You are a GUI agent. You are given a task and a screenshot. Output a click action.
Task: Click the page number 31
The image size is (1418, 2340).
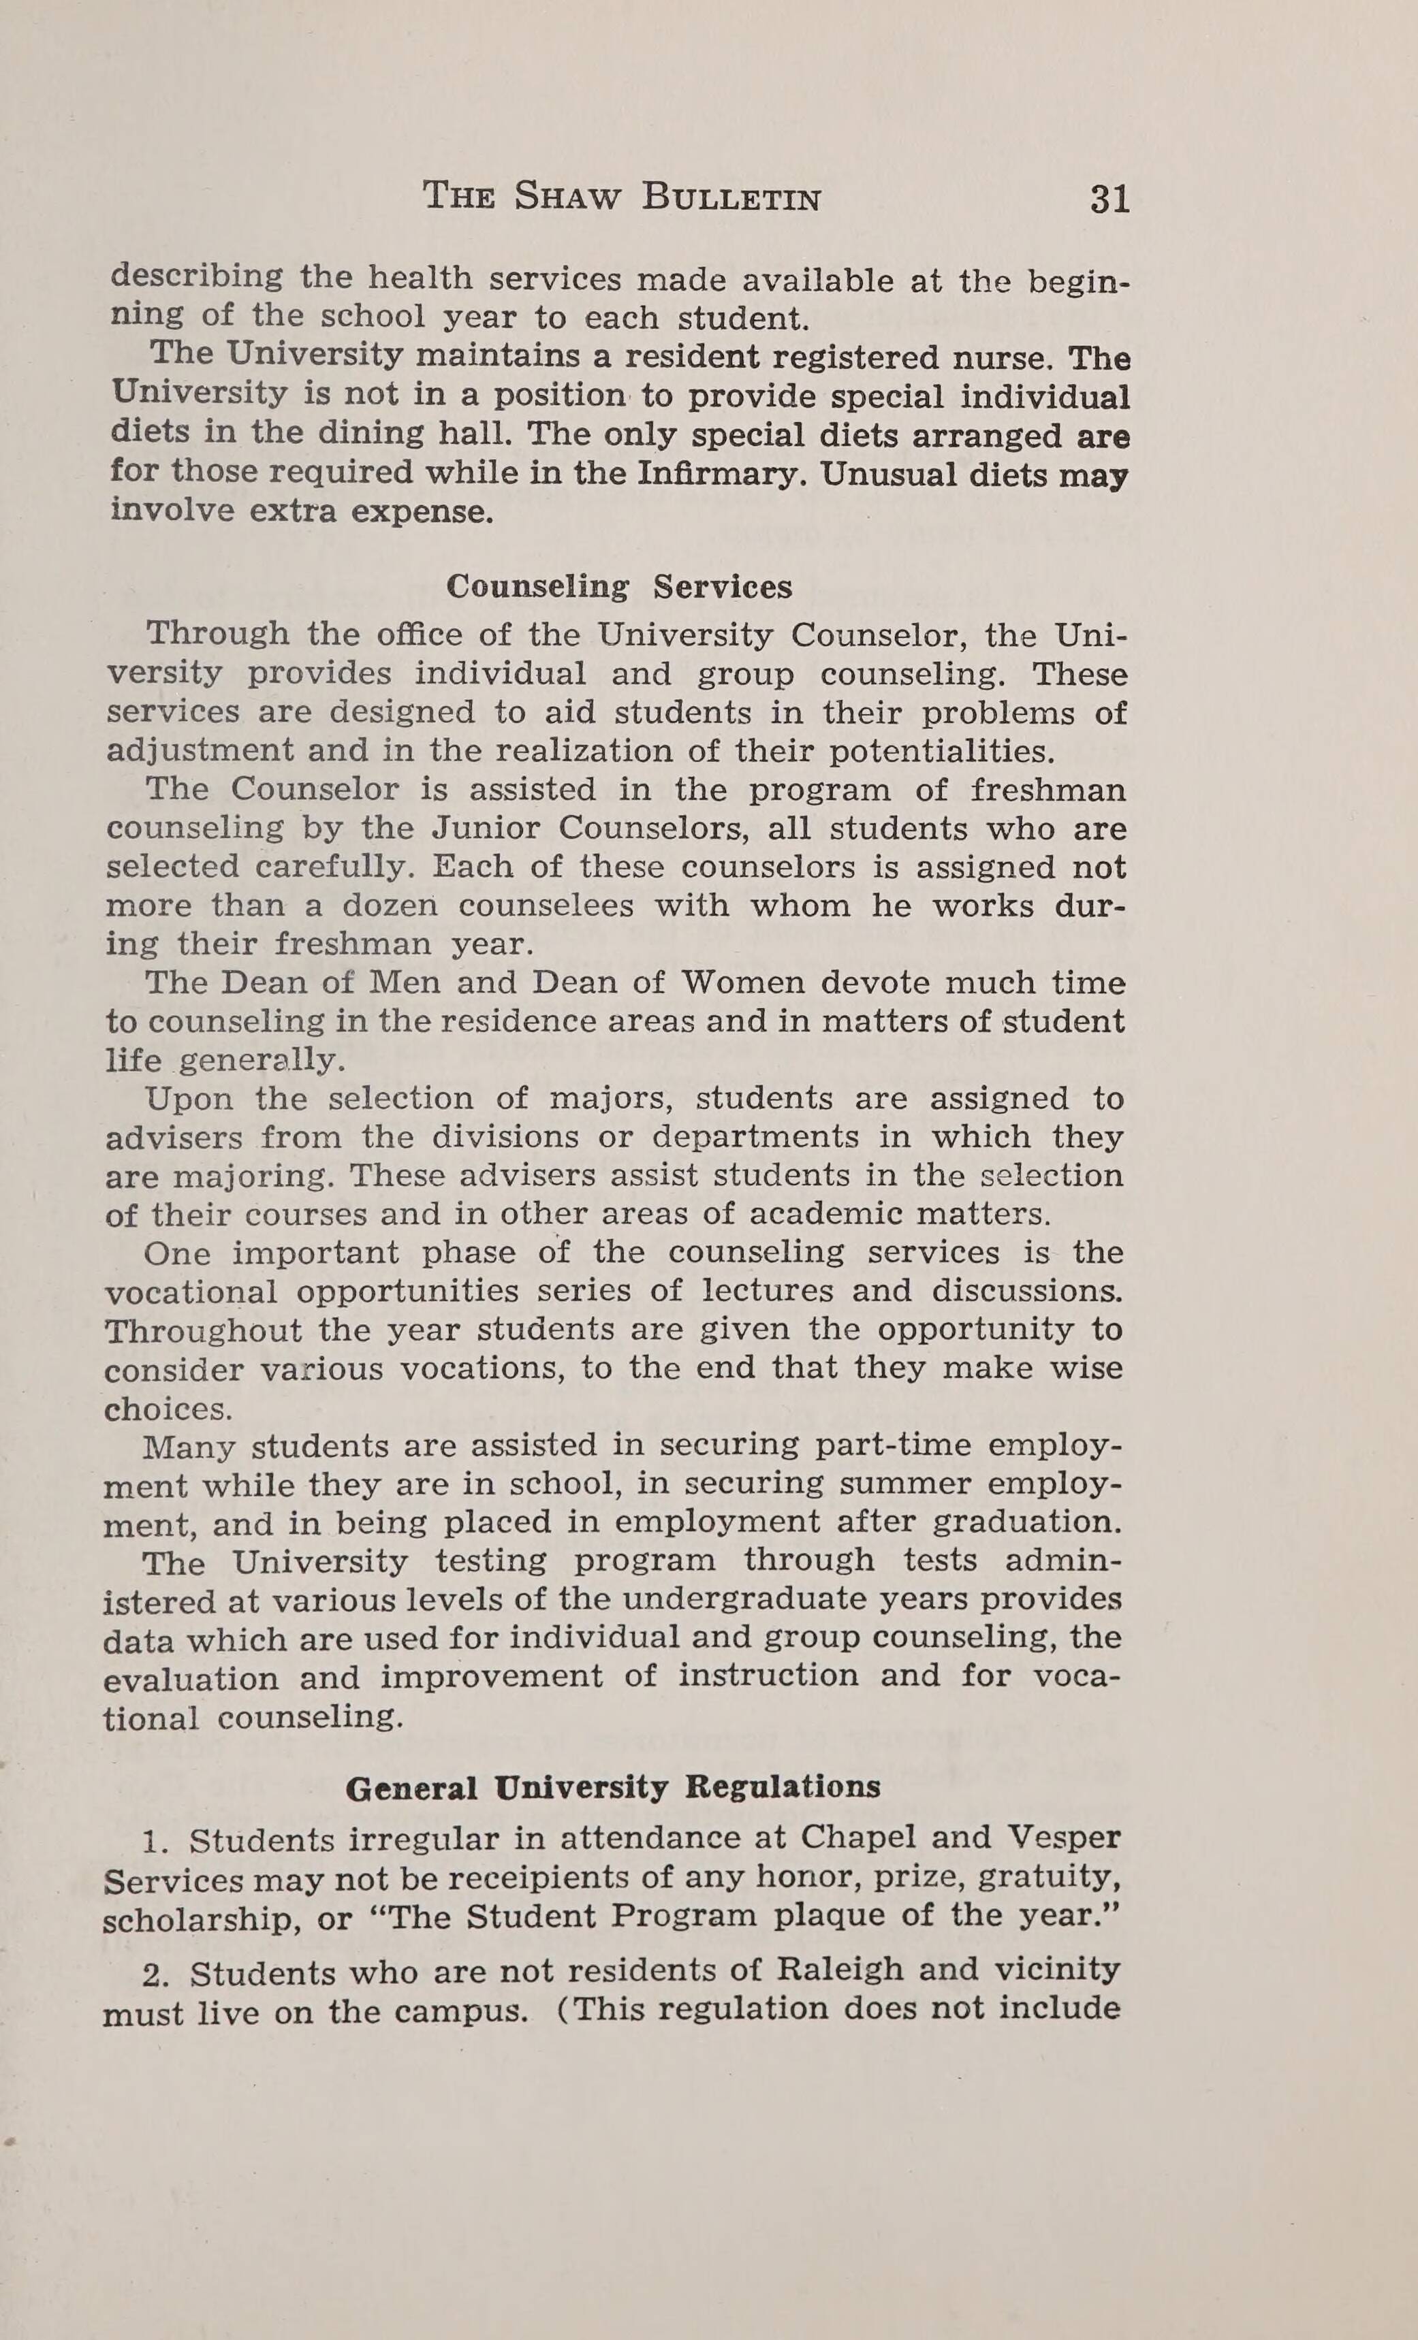point(1109,199)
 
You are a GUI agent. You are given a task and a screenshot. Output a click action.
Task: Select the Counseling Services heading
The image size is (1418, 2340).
point(619,587)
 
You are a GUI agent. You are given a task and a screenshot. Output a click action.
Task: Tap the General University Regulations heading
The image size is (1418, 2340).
point(612,1789)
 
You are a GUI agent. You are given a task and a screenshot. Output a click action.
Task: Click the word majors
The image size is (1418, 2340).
point(612,1100)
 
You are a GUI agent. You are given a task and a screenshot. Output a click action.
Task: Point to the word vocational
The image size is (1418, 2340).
point(190,1292)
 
